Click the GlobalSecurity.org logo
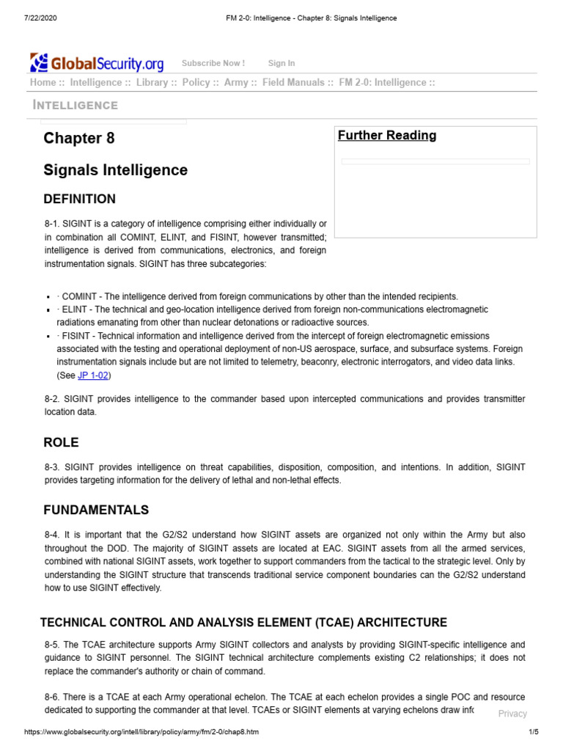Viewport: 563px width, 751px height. point(97,62)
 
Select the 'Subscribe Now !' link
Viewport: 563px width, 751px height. point(213,64)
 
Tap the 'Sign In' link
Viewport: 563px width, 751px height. point(281,64)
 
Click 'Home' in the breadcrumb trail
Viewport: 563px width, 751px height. point(43,83)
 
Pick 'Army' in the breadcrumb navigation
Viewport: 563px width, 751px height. point(236,83)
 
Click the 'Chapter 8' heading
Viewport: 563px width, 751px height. point(79,139)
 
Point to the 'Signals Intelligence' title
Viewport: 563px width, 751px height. point(115,170)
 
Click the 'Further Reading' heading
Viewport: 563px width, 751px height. point(387,136)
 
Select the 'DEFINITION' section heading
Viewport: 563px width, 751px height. point(79,199)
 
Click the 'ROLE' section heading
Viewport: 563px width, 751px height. point(61,443)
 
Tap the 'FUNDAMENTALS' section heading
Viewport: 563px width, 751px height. point(96,510)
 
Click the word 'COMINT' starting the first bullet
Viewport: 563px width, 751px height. point(78,296)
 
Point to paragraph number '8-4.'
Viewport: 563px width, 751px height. point(53,535)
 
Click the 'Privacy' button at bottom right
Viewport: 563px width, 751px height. point(512,714)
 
